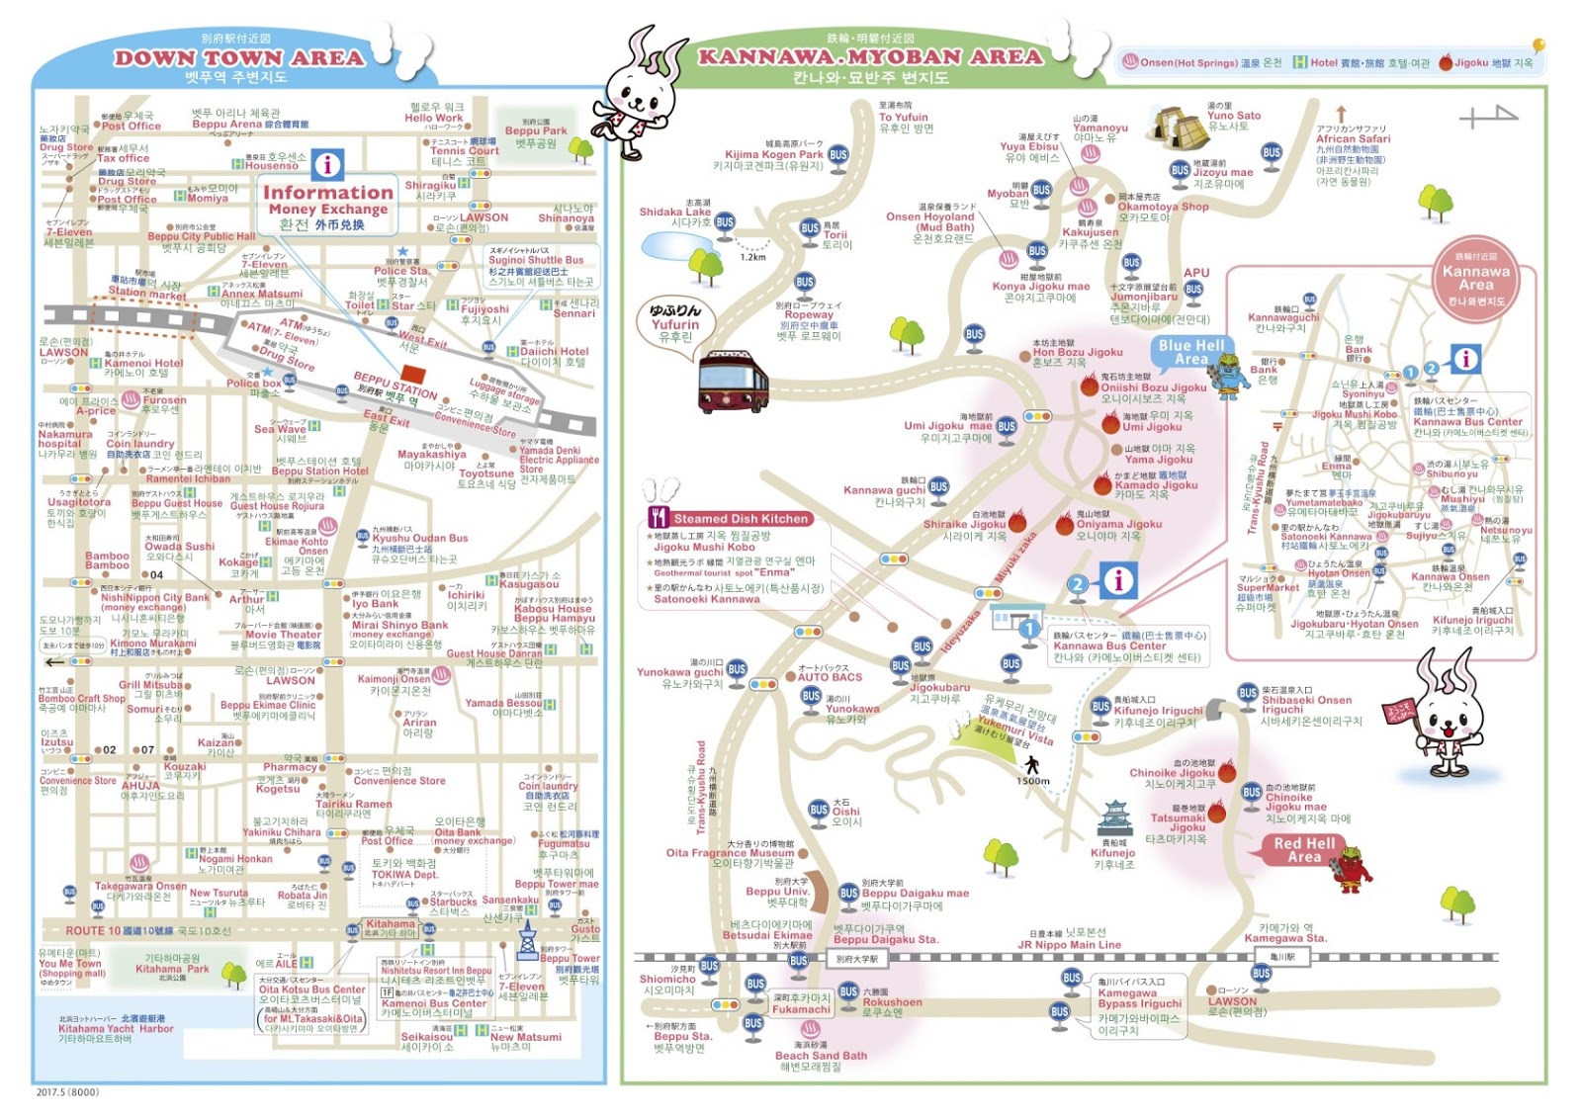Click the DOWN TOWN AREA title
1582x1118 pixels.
point(238,58)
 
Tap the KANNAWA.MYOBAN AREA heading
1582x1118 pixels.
point(870,56)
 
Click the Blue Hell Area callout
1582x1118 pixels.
point(1190,352)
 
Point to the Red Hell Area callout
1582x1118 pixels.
point(1303,850)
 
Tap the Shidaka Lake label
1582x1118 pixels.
point(675,212)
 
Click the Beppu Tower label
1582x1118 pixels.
point(570,958)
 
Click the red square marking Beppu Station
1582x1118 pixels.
point(413,376)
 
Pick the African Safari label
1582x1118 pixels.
point(1353,138)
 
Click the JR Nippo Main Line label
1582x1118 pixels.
point(1069,944)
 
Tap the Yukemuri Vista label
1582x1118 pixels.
point(1018,730)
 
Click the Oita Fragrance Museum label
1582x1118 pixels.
point(730,852)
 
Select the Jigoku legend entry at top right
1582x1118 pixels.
point(1485,62)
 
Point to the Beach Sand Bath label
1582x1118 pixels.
point(821,1056)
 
